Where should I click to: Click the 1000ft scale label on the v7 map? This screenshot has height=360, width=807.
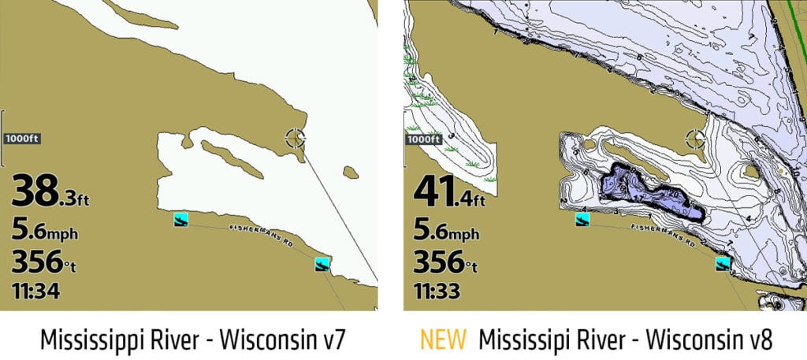click(22, 139)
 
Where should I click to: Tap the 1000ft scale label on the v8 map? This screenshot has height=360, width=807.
click(422, 139)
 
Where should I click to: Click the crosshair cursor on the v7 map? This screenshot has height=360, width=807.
click(296, 139)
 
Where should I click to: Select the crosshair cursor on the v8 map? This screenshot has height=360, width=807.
click(696, 139)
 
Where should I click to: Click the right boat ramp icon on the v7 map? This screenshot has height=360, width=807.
click(322, 264)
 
